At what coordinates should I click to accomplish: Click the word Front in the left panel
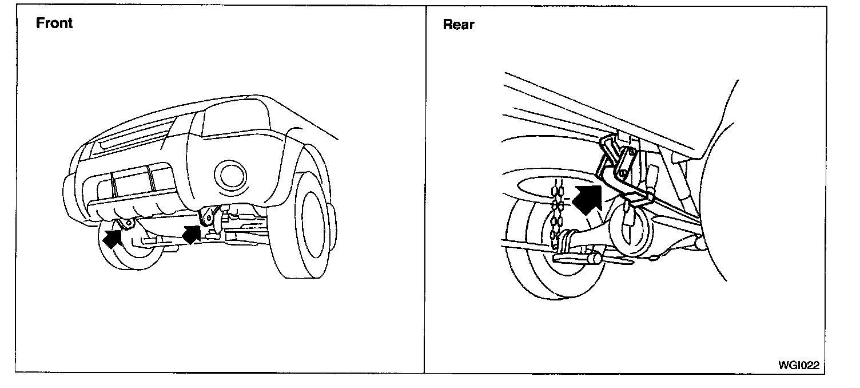(54, 23)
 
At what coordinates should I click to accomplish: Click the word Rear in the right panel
(459, 25)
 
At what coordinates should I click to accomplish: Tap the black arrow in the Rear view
(587, 198)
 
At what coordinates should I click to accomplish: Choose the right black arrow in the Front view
(191, 233)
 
